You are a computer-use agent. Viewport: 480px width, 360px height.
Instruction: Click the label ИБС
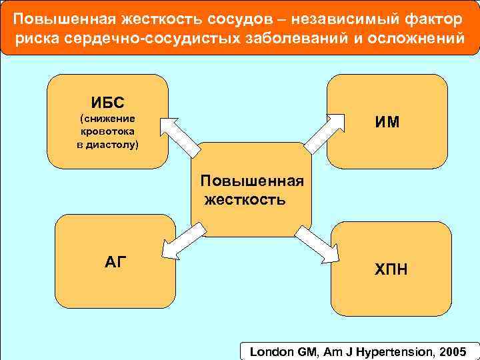coord(107,103)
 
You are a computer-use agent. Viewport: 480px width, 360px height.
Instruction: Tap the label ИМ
coord(387,122)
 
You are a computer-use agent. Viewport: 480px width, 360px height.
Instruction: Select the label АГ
coord(115,262)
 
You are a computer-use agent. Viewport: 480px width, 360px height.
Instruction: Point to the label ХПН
coord(391,269)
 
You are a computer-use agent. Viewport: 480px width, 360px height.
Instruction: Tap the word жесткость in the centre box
coord(245,199)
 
